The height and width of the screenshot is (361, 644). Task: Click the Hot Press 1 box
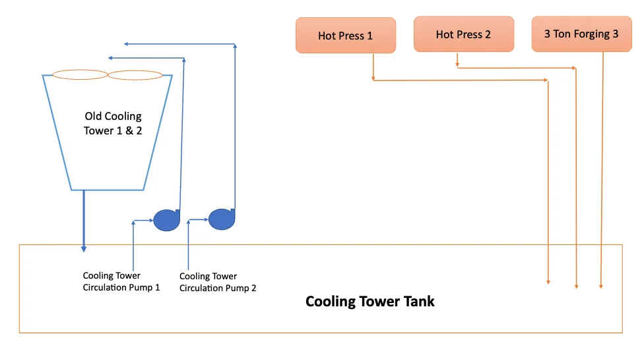point(345,36)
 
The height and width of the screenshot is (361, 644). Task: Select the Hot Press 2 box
point(463,34)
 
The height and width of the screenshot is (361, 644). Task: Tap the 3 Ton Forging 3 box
point(581,34)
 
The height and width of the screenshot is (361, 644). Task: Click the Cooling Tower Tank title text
point(370,302)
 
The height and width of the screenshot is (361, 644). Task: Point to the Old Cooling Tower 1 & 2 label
point(113,123)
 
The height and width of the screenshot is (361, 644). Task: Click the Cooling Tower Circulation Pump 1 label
point(121,281)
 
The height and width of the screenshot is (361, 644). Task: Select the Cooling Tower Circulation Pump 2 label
point(218,282)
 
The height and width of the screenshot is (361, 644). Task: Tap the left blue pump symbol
point(166,220)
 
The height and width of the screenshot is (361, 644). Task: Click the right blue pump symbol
point(221,219)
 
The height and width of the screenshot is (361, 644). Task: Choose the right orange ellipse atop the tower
point(135,75)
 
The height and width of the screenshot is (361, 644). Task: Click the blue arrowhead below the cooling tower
point(84,249)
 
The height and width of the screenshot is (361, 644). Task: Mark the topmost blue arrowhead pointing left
point(127,44)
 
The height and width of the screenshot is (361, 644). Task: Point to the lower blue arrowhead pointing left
point(110,59)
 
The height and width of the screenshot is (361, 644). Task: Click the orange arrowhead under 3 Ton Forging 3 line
point(601,286)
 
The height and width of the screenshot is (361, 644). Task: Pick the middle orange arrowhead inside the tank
point(577,286)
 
